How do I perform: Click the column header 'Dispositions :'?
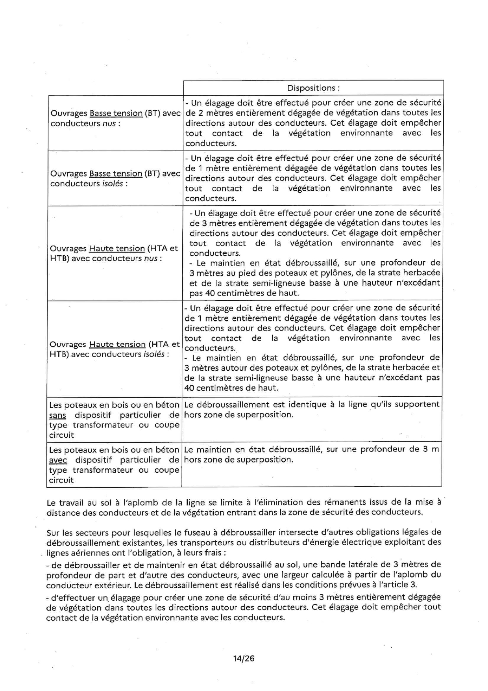click(313, 88)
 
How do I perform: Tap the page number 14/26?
click(244, 658)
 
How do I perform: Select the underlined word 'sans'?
click(57, 415)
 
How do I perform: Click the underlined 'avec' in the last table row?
click(58, 460)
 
